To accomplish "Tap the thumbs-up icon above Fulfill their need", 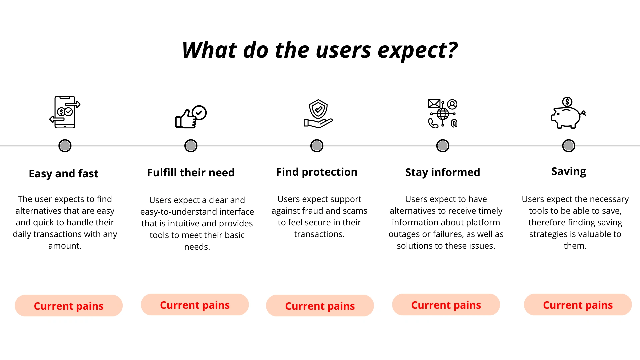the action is coord(191,117).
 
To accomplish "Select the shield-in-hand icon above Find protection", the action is coord(318,114).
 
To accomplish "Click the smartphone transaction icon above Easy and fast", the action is coord(65,112).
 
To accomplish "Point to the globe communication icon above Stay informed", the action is coord(443,114).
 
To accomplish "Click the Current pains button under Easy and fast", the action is coord(69,306).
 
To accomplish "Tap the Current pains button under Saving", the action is coord(578,305).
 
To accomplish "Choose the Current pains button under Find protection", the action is coord(320,306).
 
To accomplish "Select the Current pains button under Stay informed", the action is coord(446,305).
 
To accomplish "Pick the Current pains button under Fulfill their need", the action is coord(195,305).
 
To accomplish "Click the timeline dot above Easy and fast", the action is coord(65,146).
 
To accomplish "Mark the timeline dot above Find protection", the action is coord(317,146).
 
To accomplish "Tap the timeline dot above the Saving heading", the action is coord(569,146).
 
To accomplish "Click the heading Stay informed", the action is coord(443,172).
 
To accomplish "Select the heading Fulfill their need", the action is coord(191,173).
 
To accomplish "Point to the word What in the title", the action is coord(209,50).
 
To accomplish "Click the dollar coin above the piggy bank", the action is coord(567,102).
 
